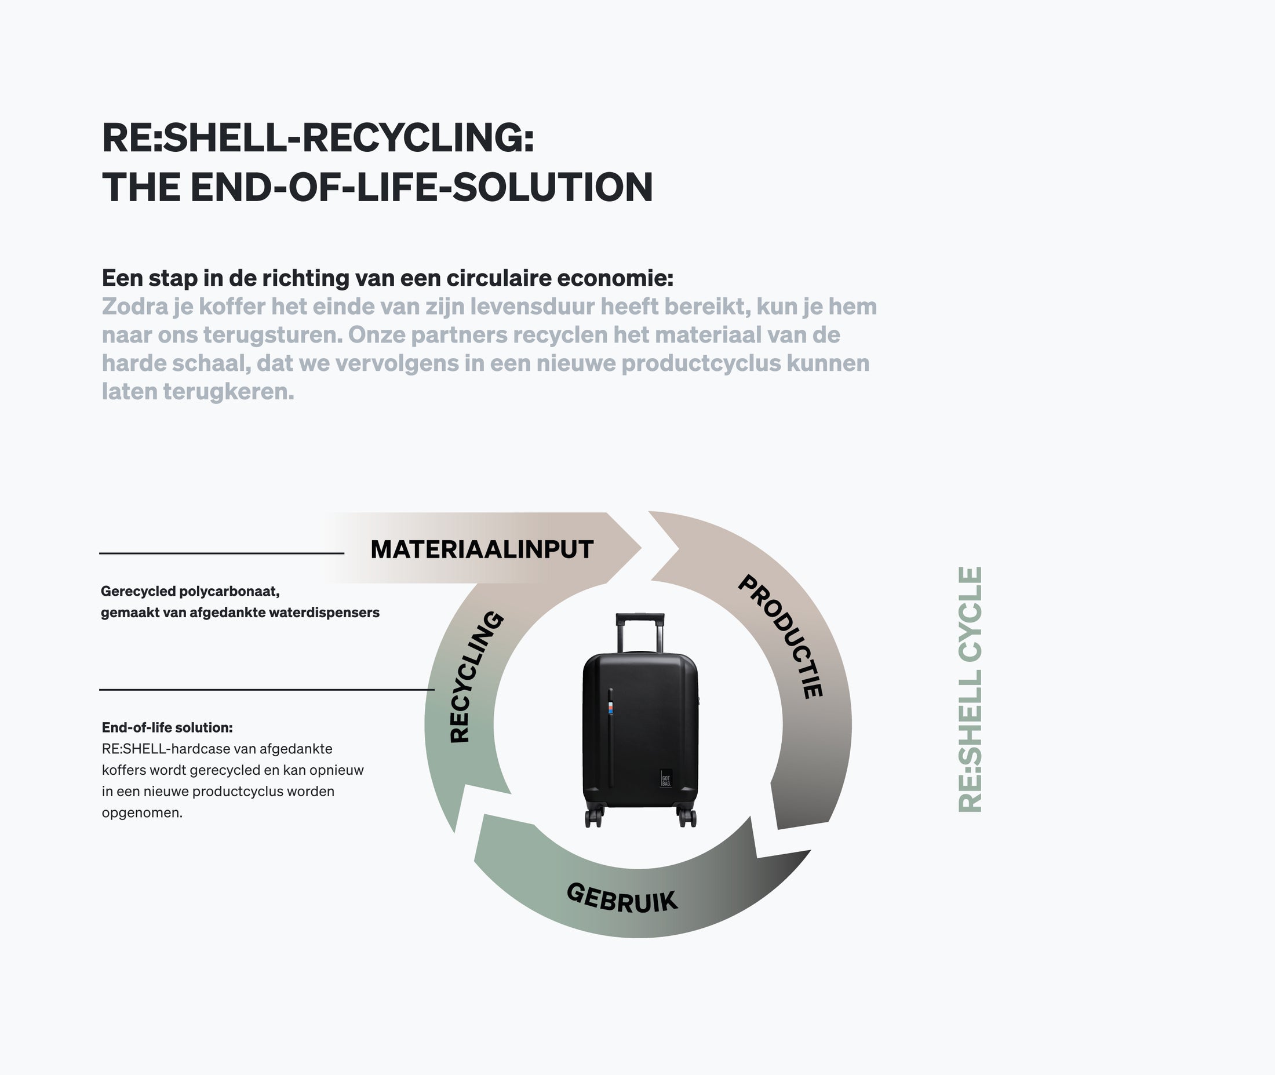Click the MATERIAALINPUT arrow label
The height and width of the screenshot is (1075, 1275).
482,550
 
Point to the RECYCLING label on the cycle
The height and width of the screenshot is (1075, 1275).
476,676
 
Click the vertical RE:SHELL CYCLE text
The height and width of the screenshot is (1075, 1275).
970,689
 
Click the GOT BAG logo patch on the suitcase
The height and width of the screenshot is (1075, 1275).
665,778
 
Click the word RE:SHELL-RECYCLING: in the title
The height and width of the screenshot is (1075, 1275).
318,138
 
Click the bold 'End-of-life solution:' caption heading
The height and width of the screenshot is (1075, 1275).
167,727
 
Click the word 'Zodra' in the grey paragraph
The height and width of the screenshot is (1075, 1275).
134,307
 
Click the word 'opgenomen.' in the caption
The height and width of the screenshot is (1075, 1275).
142,812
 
